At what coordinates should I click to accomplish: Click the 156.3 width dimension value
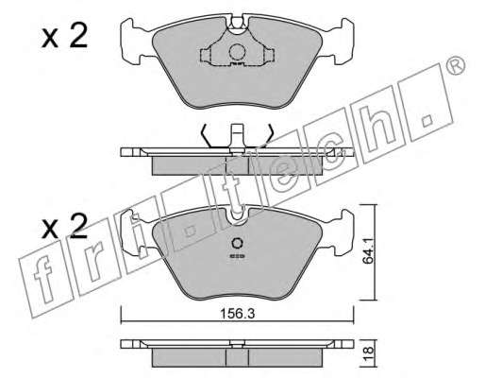coord(237,314)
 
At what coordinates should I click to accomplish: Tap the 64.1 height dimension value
coord(369,250)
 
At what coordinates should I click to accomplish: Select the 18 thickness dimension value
coord(369,351)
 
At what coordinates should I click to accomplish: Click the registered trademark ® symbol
coord(456,65)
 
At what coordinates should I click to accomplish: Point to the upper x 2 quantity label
coord(64,36)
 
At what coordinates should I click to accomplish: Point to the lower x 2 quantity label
coord(64,226)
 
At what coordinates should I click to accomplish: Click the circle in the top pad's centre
coord(237,52)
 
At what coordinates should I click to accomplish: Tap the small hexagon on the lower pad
coord(237,243)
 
